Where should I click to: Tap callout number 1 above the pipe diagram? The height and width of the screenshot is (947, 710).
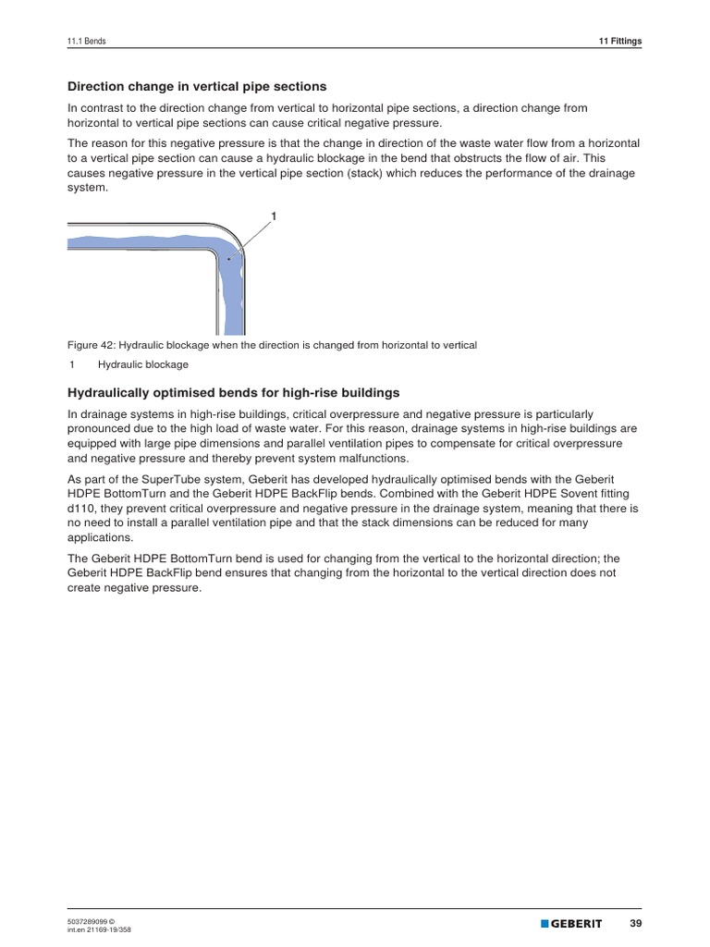(274, 215)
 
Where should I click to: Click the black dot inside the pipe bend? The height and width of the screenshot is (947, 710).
(228, 260)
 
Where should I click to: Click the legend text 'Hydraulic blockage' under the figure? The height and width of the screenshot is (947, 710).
(143, 364)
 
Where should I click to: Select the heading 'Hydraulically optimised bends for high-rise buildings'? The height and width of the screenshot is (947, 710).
(234, 393)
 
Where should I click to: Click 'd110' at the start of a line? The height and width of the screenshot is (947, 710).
(81, 508)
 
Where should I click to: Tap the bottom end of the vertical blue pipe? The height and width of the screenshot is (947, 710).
(232, 330)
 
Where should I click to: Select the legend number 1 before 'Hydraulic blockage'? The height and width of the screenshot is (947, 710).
(72, 364)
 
